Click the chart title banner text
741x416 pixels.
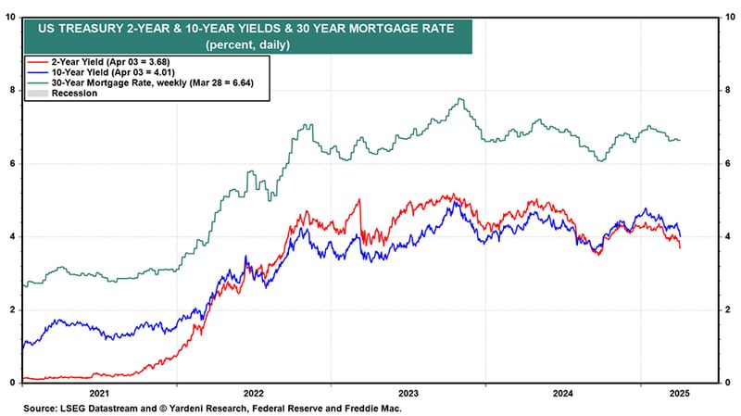(x=245, y=28)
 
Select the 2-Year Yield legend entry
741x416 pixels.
(x=107, y=62)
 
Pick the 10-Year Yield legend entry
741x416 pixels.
(x=109, y=72)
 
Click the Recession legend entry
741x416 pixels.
(x=75, y=94)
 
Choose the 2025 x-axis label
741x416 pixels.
(x=678, y=393)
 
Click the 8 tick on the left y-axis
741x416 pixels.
(x=12, y=90)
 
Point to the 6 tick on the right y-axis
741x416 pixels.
(x=727, y=163)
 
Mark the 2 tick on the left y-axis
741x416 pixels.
(x=12, y=309)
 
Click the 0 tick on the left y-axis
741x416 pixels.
(x=12, y=382)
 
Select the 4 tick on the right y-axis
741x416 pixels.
(x=727, y=236)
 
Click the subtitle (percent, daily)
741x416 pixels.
(x=245, y=44)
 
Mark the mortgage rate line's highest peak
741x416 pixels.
(x=460, y=99)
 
